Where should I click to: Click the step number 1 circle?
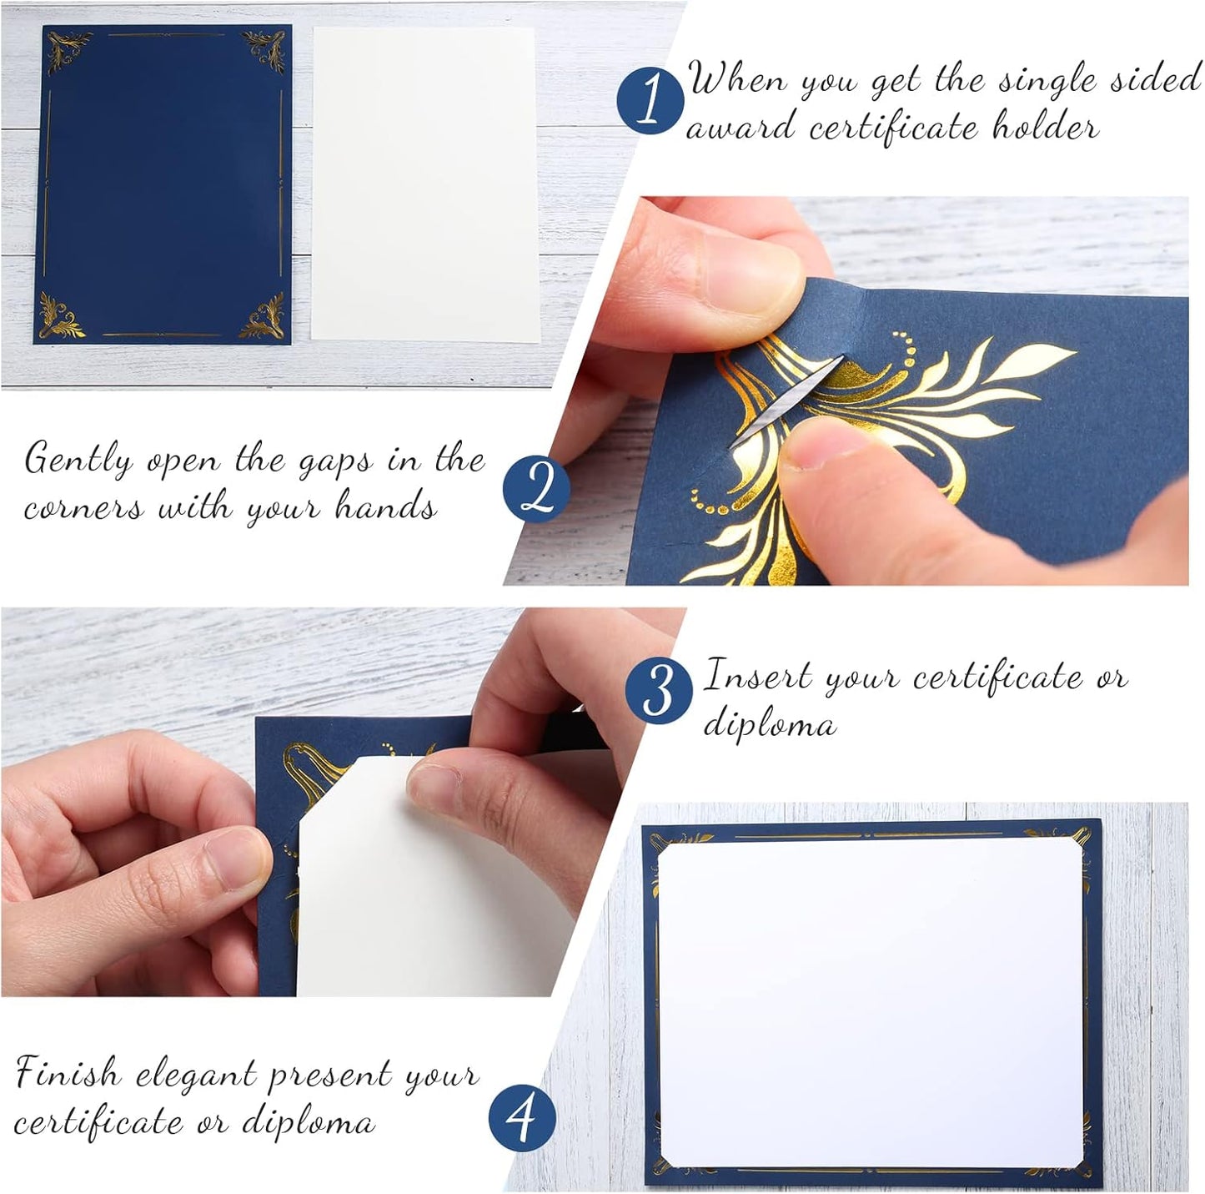coord(650,100)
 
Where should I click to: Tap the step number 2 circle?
coord(537,489)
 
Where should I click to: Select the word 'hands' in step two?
coord(386,506)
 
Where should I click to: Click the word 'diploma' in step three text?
coord(769,723)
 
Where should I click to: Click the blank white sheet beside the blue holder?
coord(425,184)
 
